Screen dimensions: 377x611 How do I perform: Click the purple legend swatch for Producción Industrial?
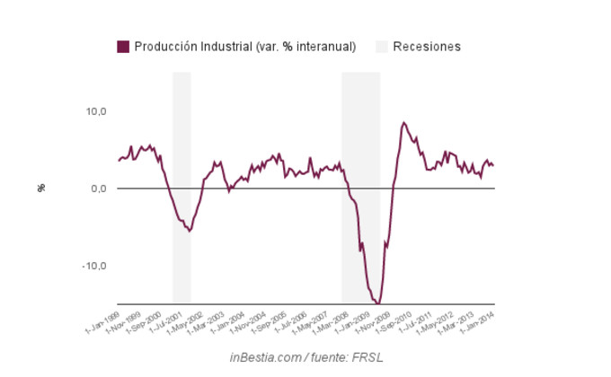pyautogui.click(x=123, y=47)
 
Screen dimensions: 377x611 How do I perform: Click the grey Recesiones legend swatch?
pyautogui.click(x=382, y=47)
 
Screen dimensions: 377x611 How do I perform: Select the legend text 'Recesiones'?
pyautogui.click(x=427, y=47)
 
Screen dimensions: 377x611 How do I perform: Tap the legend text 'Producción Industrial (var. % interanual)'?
pyautogui.click(x=245, y=47)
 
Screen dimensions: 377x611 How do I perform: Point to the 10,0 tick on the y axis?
pyautogui.click(x=96, y=111)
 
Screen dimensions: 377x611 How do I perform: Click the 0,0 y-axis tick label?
pyautogui.click(x=99, y=188)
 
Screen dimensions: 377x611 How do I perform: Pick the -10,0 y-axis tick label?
pyautogui.click(x=94, y=266)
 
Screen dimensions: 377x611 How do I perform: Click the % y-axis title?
pyautogui.click(x=41, y=188)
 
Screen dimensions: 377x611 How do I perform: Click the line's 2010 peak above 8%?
pyautogui.click(x=403, y=122)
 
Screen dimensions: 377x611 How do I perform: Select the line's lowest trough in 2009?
pyautogui.click(x=379, y=302)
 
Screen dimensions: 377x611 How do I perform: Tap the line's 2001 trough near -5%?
pyautogui.click(x=189, y=231)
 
